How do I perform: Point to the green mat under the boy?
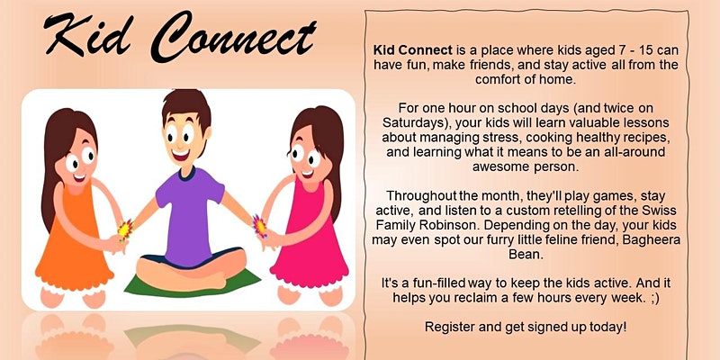point(192,283)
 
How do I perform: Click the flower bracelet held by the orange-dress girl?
point(125,230)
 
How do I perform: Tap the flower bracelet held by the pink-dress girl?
point(259,227)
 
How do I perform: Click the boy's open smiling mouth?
point(181,154)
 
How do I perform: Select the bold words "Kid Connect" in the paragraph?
point(413,50)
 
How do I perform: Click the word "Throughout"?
point(415,196)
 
